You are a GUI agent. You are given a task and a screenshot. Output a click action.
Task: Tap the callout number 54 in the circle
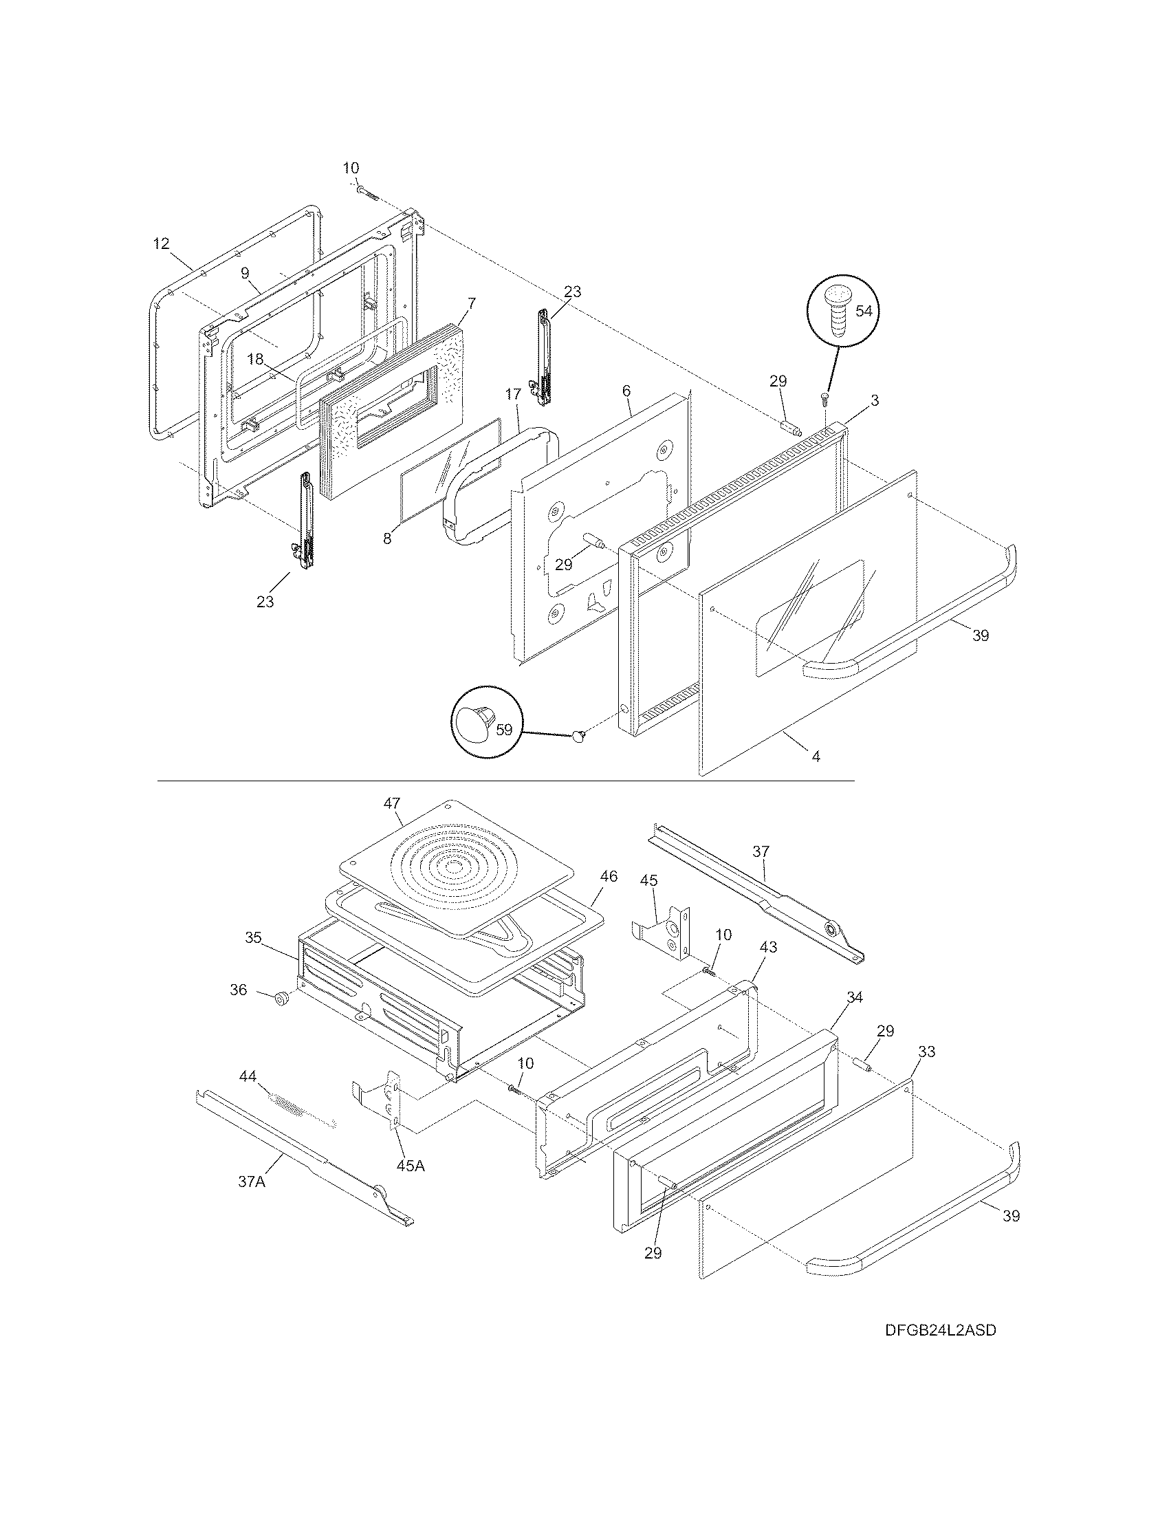point(864,311)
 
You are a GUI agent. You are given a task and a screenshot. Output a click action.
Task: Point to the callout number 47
point(392,803)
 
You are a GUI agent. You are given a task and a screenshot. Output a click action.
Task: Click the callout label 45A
point(410,1165)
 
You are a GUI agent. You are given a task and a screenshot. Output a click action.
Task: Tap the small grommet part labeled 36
point(282,1000)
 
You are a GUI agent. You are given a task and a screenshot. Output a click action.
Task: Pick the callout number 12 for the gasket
point(161,243)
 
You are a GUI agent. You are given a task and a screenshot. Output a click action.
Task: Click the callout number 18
point(255,359)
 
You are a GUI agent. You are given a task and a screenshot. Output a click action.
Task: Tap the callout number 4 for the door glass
point(816,757)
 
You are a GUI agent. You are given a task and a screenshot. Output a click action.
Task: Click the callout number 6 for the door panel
point(626,391)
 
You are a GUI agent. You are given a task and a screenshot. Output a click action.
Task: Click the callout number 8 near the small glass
point(386,538)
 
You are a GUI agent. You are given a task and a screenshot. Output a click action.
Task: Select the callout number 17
point(512,395)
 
